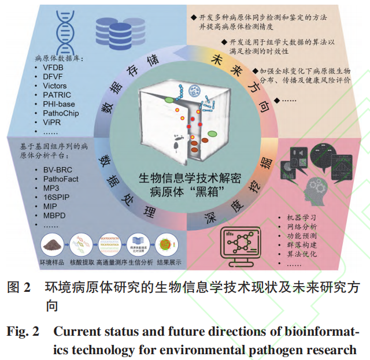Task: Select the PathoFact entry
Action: [x=61, y=179]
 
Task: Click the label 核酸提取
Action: [x=82, y=261]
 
